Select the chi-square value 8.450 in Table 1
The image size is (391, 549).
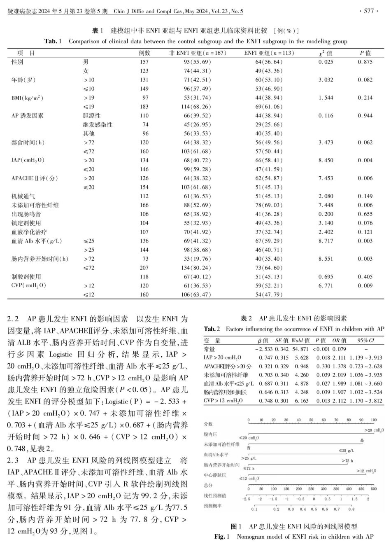pos(326,160)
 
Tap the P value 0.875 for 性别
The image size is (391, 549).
pos(365,62)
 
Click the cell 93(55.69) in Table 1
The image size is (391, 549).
pos(197,62)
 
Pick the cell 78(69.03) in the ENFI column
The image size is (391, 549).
pos(269,205)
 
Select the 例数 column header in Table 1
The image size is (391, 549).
pos(144,53)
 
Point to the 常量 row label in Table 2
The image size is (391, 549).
pos(209,349)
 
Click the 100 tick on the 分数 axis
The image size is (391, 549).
pos(373,420)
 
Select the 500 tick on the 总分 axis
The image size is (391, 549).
pos(373,489)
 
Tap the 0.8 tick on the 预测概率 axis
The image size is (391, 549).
pos(351,509)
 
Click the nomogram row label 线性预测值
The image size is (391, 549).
pos(215,495)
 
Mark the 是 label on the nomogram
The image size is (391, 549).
pos(362,440)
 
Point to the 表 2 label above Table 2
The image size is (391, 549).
pos(247,318)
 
